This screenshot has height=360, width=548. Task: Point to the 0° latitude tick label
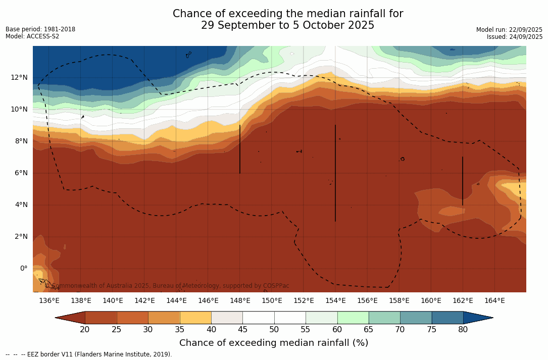click(23, 268)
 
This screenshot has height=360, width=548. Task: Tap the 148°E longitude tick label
click(240, 301)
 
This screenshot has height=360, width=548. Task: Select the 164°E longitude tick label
click(494, 301)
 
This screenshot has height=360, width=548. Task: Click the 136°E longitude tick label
click(49, 301)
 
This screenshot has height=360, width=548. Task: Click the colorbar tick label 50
click(274, 330)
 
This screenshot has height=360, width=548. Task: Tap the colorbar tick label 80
click(463, 330)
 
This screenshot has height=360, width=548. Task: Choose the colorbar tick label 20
click(85, 330)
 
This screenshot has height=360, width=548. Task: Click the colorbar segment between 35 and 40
click(195, 318)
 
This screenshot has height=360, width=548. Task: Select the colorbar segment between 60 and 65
click(353, 318)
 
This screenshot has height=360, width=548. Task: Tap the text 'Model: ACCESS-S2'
click(32, 36)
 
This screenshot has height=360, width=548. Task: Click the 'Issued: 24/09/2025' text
click(515, 37)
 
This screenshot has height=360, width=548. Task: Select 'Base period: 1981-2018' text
click(40, 29)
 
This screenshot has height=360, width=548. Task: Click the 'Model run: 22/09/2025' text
click(509, 30)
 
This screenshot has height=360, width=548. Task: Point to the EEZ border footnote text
click(89, 354)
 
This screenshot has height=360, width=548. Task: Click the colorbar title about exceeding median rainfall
click(274, 343)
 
